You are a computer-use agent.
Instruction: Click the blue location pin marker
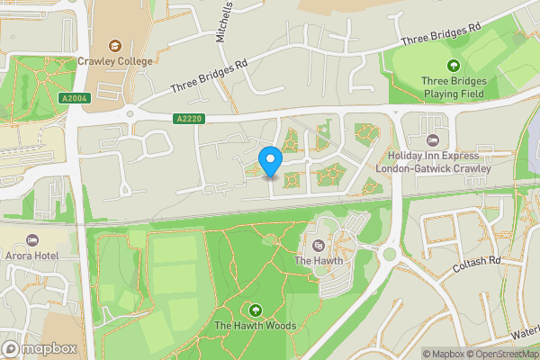point(271,160)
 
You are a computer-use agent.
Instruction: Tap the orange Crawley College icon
point(114,45)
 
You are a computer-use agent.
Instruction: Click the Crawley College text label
point(114,62)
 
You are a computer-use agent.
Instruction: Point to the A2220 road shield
point(187,118)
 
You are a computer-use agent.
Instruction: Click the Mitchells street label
point(224,21)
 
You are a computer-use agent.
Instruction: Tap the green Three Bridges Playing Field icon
point(454,65)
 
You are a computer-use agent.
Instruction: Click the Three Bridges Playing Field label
point(454,85)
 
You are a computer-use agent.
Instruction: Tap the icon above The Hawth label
point(317,245)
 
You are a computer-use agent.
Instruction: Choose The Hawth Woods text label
point(256,325)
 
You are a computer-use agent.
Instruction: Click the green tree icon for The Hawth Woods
point(256,310)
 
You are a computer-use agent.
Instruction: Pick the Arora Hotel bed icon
point(33,240)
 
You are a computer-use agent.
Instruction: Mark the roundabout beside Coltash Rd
point(391,255)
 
